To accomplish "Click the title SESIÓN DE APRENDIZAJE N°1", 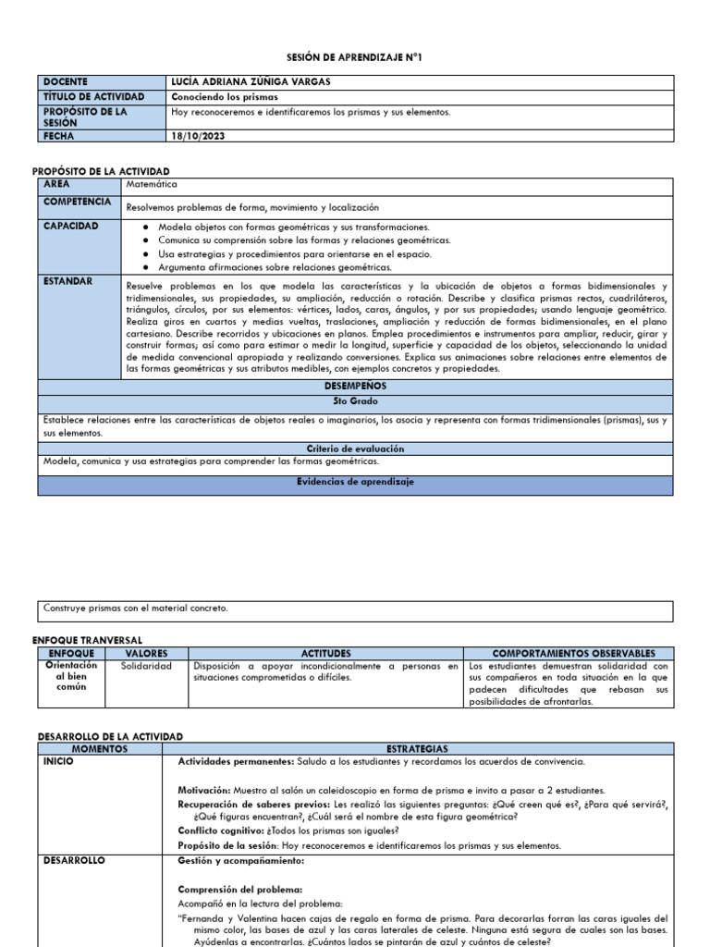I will [x=355, y=57].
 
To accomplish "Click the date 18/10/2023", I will [x=198, y=136].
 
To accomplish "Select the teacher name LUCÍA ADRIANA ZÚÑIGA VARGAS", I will [x=251, y=82].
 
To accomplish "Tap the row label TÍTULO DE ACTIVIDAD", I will [x=93, y=96].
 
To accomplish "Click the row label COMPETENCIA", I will [x=78, y=202].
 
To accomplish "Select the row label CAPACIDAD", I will [x=70, y=226].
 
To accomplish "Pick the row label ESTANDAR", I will [x=67, y=281].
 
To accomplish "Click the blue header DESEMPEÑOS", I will [x=355, y=386].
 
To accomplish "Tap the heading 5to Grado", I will [x=355, y=402].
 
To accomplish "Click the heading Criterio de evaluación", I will [x=355, y=448].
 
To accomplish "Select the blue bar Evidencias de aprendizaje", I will [x=355, y=482].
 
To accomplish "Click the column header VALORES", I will [x=146, y=653].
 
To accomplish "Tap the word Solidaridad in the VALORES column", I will [x=146, y=666].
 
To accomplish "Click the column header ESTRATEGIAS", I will [x=425, y=747].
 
